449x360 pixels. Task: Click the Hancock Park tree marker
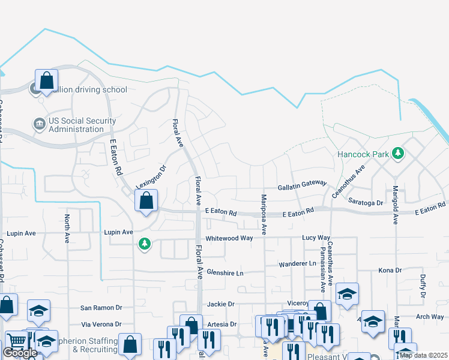397,154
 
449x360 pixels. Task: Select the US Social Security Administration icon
40,124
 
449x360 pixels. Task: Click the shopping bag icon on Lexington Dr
146,201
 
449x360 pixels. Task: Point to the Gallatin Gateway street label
301,187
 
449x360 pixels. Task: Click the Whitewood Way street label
229,238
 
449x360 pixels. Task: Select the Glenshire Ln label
224,273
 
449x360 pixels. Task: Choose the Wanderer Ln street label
297,264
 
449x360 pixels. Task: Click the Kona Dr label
390,271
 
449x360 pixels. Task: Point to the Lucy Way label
316,238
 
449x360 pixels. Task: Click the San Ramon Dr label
101,308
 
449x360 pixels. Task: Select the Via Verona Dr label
101,324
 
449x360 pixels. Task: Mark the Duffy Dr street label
423,287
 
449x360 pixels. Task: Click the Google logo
20,353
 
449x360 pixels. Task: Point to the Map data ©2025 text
423,355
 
